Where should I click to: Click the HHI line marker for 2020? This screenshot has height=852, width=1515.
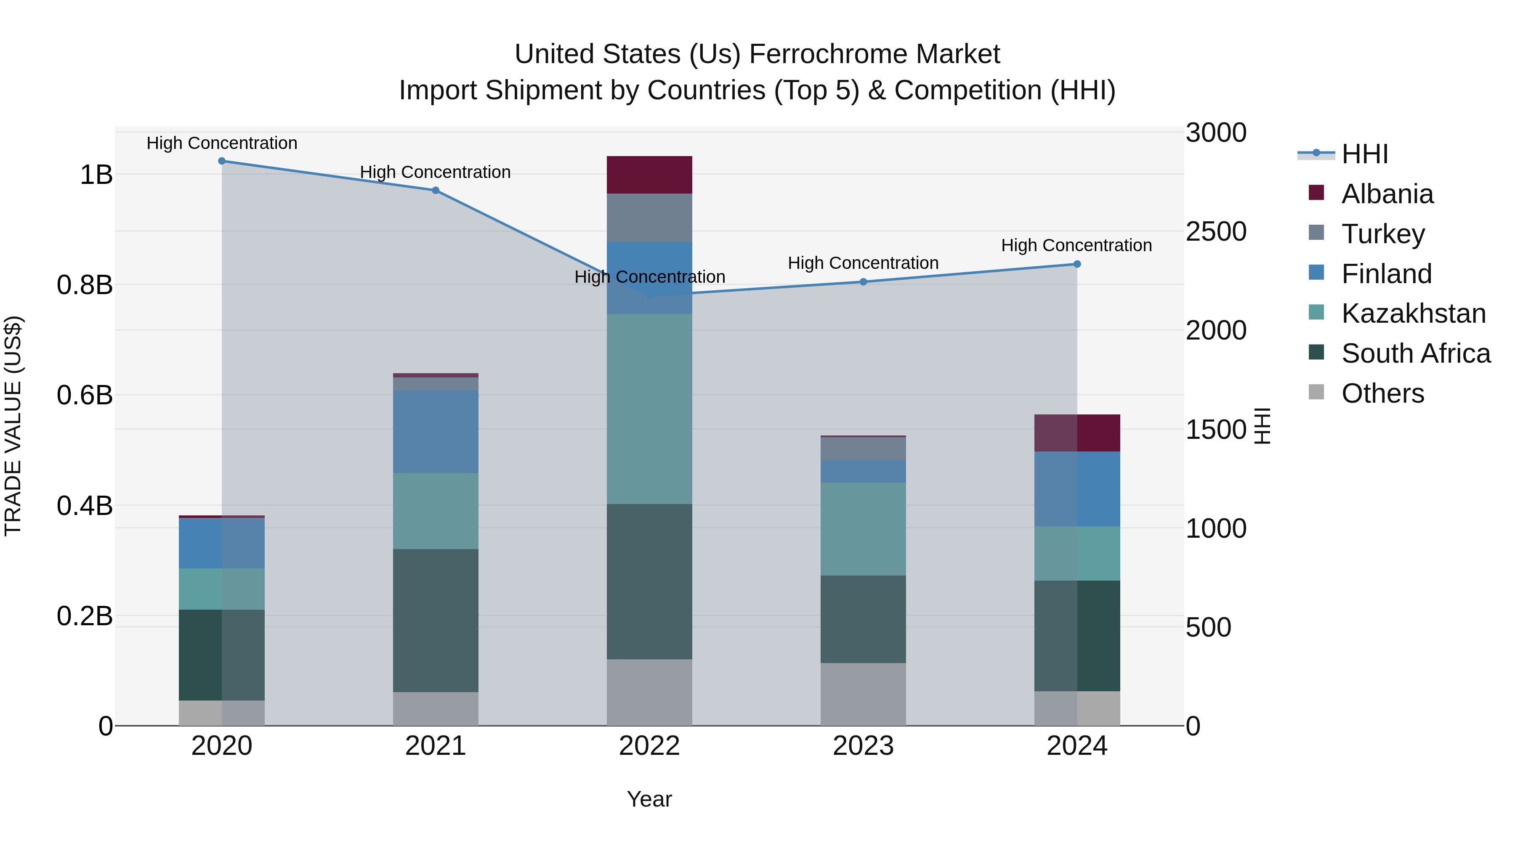pos(222,161)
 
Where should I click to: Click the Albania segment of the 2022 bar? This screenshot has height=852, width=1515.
pos(649,175)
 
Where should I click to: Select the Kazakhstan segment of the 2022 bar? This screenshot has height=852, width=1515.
pos(649,409)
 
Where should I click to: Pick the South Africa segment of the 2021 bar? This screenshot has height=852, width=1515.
pos(436,620)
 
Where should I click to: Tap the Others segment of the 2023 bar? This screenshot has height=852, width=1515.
pos(864,694)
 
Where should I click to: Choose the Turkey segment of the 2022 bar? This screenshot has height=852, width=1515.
pos(649,218)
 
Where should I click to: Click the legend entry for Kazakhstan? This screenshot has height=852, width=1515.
pos(1413,313)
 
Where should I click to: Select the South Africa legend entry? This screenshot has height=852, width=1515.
pos(1416,353)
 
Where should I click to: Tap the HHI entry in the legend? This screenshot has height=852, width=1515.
pos(1364,154)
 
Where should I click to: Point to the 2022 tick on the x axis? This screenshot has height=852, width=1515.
pos(649,746)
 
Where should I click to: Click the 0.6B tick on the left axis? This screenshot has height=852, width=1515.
pos(85,395)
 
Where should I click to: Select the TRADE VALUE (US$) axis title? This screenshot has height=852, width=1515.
pos(13,426)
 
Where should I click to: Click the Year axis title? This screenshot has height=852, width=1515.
pos(649,799)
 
